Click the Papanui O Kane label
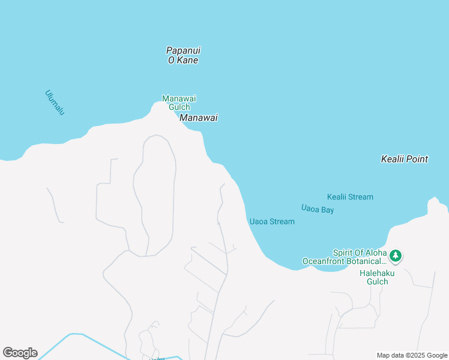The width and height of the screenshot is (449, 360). pos(182,55)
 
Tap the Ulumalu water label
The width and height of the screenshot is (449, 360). pos(54,102)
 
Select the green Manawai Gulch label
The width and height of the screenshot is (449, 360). pos(179,103)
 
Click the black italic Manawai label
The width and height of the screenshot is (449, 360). pos(198,118)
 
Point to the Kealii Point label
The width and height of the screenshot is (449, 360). pos(405,159)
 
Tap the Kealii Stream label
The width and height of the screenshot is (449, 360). pos(350,197)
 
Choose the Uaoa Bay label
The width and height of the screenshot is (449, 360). pos(318,209)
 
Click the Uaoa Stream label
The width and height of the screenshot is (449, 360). pos(272,221)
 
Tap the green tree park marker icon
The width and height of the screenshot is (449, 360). pos(395,256)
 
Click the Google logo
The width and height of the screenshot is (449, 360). pos(20,353)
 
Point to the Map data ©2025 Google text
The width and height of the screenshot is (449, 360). pos(412,355)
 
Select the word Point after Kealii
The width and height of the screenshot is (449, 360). pos(417,159)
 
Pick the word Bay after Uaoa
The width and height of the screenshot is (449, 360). pos(327,210)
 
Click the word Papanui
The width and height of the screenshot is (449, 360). pos(183,50)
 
